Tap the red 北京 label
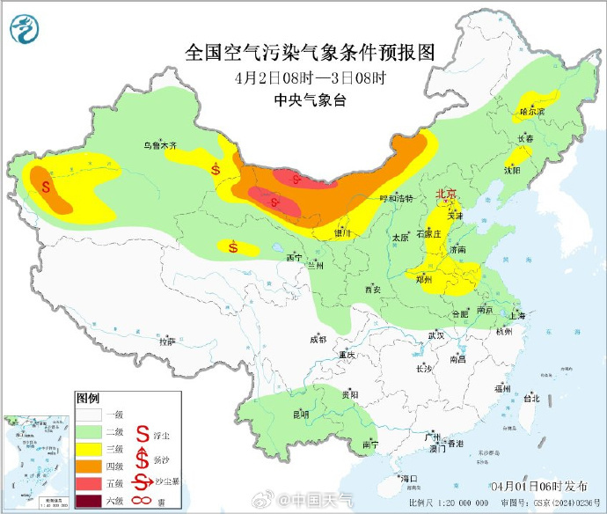(447, 194)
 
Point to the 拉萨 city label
(167, 341)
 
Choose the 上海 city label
(516, 315)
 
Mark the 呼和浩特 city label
(396, 199)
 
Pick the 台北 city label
(530, 398)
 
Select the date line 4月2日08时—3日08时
(311, 77)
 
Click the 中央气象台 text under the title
(311, 99)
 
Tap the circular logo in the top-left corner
(26, 32)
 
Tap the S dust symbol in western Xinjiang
(46, 185)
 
